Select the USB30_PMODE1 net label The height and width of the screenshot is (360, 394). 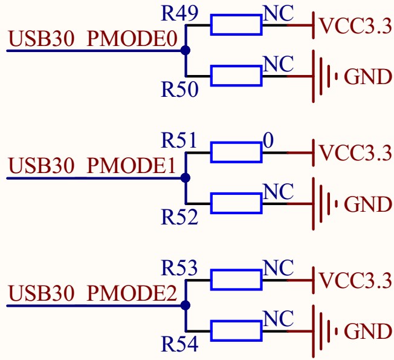[93, 166]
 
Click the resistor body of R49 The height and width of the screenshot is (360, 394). [236, 26]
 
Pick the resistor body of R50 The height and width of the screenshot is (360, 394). [236, 77]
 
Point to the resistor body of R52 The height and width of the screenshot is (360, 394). [236, 204]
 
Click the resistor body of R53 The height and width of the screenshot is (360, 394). [236, 281]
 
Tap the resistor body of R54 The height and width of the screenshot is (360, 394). [236, 331]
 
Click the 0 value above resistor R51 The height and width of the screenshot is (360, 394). [268, 141]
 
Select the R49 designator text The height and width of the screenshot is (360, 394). [179, 13]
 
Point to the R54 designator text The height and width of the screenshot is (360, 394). [179, 345]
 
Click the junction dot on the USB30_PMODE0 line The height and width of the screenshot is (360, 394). [186, 51]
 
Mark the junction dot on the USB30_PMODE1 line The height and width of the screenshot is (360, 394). [186, 178]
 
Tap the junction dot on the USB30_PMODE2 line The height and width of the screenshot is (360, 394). [186, 306]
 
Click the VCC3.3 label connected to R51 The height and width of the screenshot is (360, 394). [355, 154]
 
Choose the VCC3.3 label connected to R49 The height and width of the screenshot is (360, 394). [355, 27]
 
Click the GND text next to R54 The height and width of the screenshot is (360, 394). [367, 332]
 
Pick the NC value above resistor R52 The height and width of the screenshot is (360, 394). [279, 192]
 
